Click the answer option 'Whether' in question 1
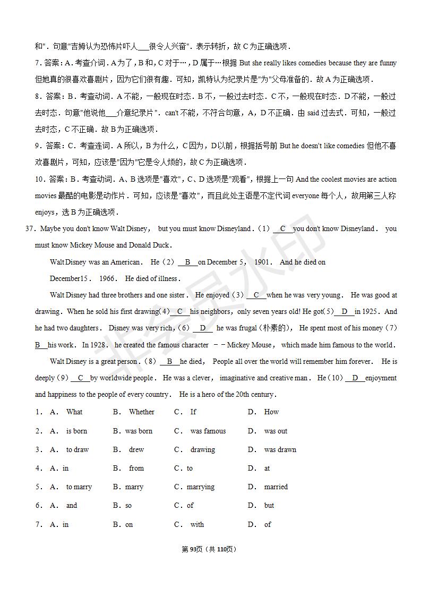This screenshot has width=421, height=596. pos(141,412)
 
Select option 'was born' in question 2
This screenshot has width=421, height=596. pos(139,431)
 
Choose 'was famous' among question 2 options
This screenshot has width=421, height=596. pos(208,431)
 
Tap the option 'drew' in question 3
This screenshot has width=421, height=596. pos(136,449)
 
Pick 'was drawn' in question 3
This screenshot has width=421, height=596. pos(280,449)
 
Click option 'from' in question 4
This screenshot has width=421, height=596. pos(136,468)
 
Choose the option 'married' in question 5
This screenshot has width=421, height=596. pos(276,487)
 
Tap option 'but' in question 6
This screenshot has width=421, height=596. pos(269,505)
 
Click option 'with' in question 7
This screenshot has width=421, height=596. pos(197,524)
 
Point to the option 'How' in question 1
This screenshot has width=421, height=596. pos(271,412)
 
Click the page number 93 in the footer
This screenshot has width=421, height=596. pos(193,549)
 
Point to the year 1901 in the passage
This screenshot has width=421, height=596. pos(263,262)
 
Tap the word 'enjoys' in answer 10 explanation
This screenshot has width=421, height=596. pos(45,212)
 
